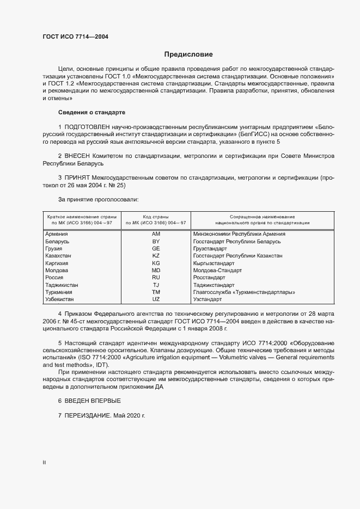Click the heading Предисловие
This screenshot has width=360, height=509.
coord(189,54)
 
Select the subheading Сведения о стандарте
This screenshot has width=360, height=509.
coord(91,112)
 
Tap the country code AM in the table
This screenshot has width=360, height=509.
coord(156,234)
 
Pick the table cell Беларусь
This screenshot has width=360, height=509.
coord(57,241)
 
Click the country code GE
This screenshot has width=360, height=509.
coord(156,248)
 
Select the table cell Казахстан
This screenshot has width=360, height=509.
coord(58,255)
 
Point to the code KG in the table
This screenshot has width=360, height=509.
coord(156,263)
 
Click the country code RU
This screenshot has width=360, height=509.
coord(156,278)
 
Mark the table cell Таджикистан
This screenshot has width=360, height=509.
coord(62,285)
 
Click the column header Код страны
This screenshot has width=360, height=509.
coord(156,217)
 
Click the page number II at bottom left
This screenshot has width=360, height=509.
coord(44,462)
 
